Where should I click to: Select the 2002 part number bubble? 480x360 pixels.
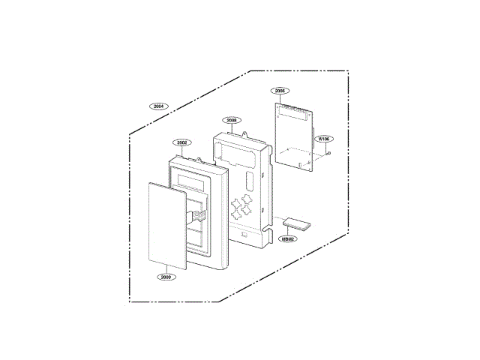pos(181,142)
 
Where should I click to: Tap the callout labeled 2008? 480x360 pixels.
pos(232,119)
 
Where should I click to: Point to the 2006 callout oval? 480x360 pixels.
pos(280,90)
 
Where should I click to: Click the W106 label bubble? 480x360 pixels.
pos(323,139)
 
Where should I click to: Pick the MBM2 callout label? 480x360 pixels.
pos(287,238)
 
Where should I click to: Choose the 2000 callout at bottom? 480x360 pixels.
pos(166,277)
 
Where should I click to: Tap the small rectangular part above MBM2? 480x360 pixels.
pos(296,224)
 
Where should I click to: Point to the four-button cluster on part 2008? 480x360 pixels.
pos(241,205)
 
